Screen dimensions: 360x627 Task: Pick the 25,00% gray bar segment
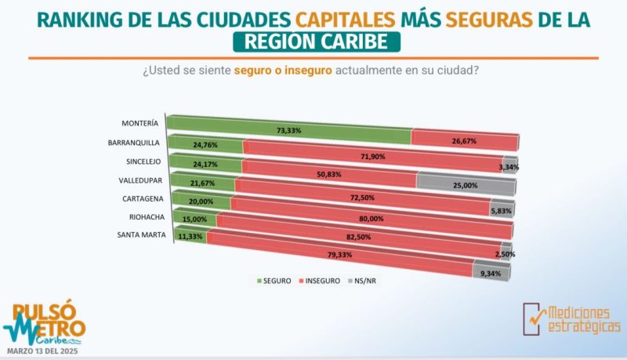[466, 185]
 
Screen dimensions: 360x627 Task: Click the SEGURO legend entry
[270, 281]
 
